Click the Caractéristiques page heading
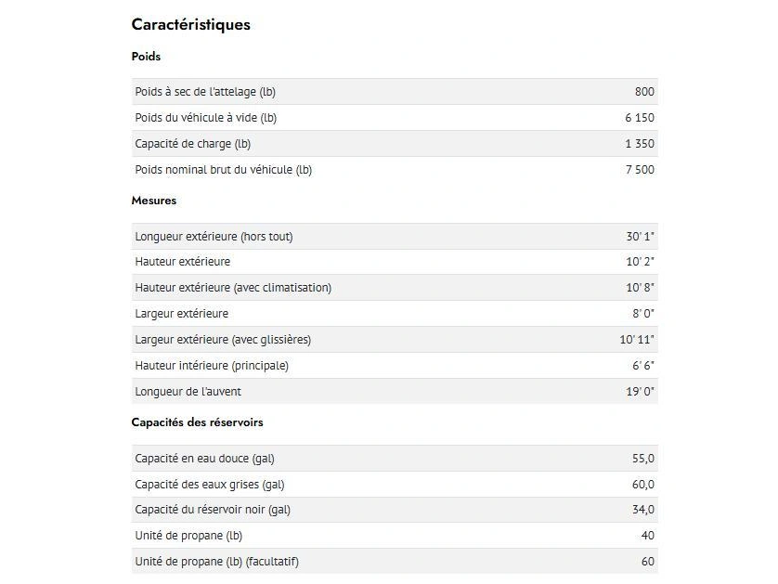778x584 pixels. pos(191,25)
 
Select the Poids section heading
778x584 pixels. pos(146,57)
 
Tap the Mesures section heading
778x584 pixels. pos(154,201)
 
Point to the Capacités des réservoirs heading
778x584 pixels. pos(197,422)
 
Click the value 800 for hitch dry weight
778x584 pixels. pos(644,92)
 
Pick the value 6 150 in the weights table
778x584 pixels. pos(640,118)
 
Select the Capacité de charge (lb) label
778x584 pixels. pos(192,144)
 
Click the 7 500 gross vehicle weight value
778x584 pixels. pos(640,170)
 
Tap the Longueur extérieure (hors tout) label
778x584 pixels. pos(214,237)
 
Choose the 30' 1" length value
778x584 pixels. pos(640,237)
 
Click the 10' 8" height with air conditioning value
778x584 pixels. pos(640,288)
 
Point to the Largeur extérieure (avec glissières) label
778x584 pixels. pos(223,340)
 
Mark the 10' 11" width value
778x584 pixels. pos(637,340)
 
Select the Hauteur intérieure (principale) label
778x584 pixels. pos(212,366)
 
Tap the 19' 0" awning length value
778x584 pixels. pos(640,392)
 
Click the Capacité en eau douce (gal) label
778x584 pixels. pos(204,459)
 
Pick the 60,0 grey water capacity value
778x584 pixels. pos(643,485)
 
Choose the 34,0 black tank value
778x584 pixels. pos(643,510)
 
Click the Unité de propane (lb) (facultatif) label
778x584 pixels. pos(216,562)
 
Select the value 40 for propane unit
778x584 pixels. pos(647,536)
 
